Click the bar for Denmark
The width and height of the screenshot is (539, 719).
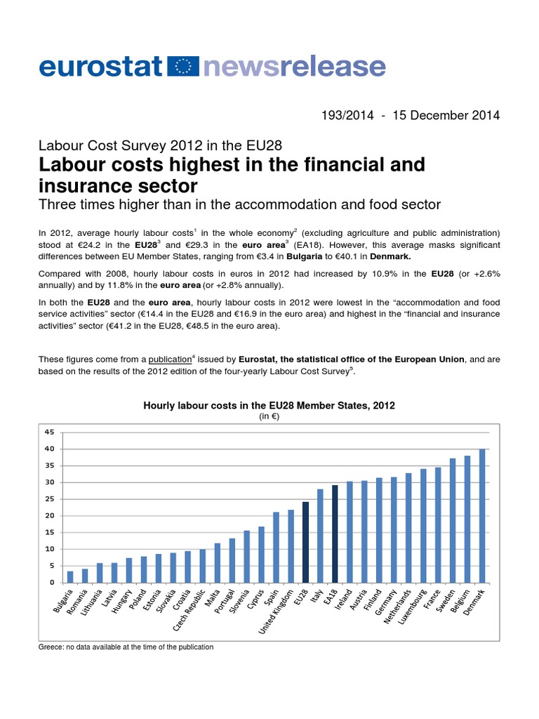482,515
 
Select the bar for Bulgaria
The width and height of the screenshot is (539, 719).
70,576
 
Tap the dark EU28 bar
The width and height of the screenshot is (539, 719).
305,542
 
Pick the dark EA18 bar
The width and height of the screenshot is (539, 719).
335,534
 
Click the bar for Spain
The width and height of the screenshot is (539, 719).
276,547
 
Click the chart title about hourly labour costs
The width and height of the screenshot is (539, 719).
269,405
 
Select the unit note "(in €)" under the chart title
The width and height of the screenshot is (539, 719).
269,416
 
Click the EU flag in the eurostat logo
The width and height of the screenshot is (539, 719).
185,67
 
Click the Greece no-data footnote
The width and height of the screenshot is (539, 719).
126,647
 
